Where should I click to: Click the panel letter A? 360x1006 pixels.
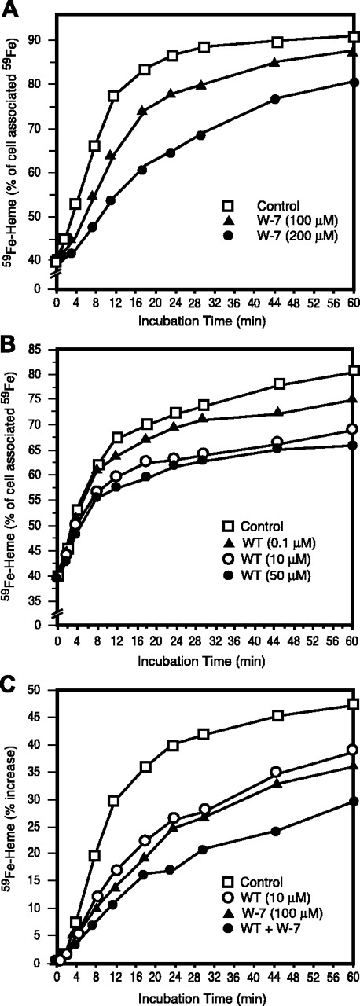click(x=9, y=8)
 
